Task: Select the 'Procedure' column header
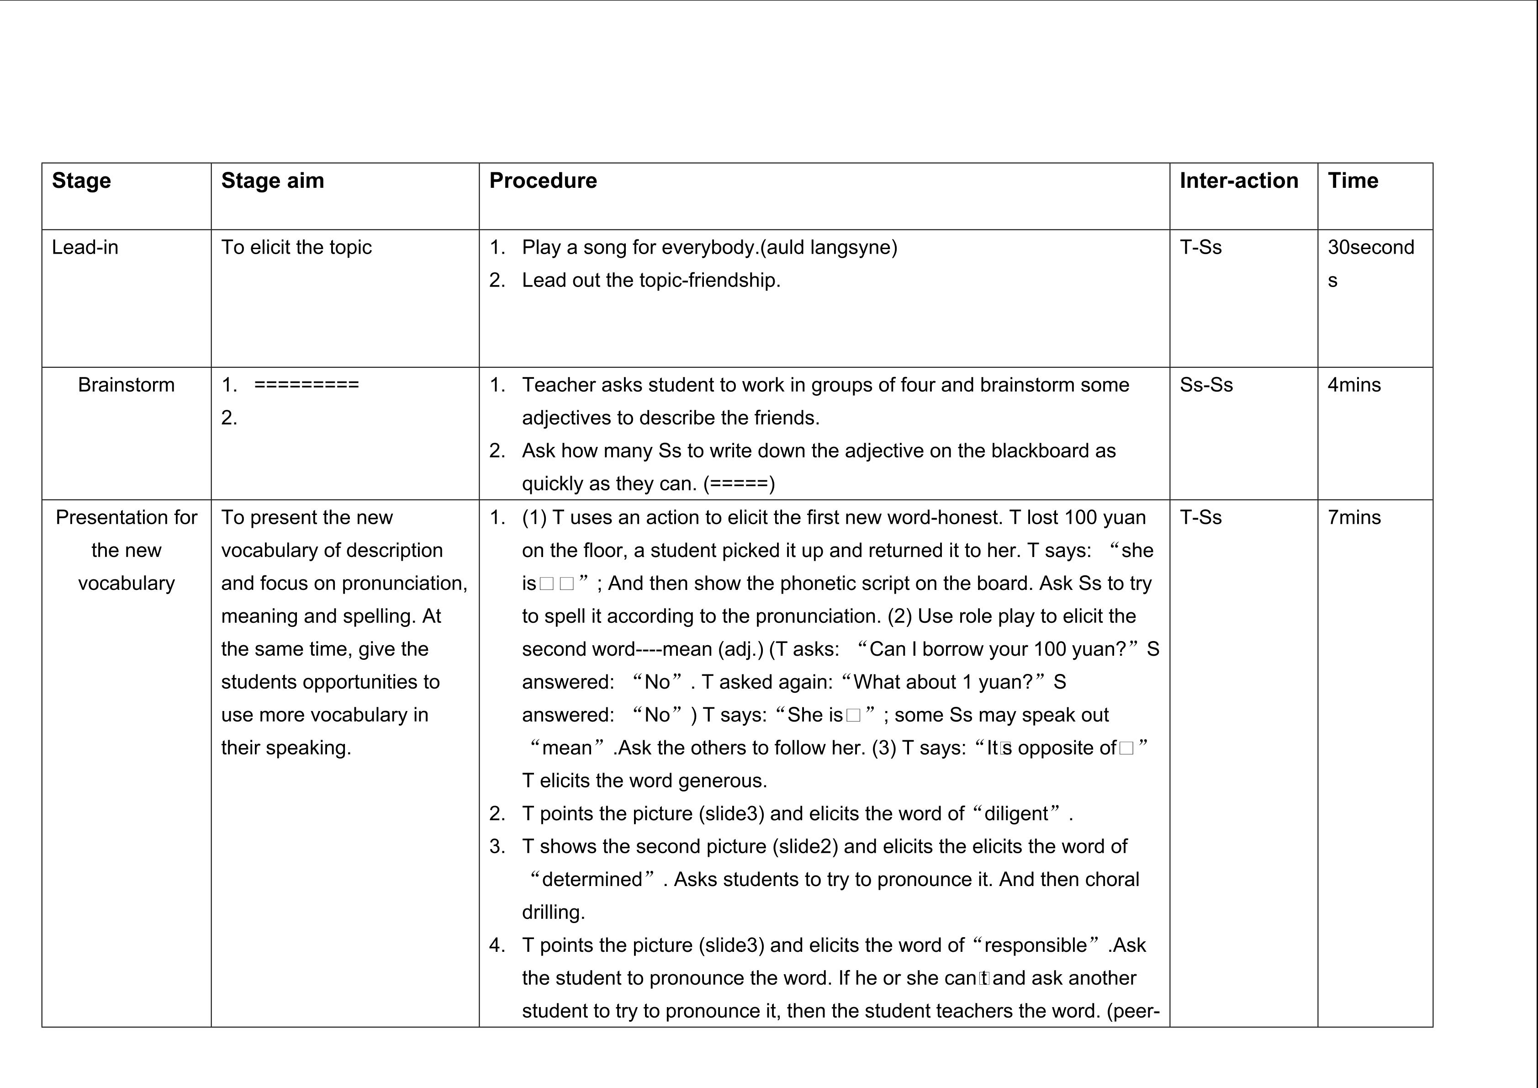[543, 181]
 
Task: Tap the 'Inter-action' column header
[1238, 181]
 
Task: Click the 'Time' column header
[1353, 181]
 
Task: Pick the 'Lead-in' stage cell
[85, 247]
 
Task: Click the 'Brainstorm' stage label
[126, 385]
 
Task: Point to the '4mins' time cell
[1354, 385]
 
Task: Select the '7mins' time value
[1354, 517]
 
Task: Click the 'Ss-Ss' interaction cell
[1206, 385]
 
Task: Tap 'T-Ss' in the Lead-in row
[1200, 247]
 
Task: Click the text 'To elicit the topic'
[296, 247]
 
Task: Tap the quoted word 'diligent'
[1015, 814]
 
